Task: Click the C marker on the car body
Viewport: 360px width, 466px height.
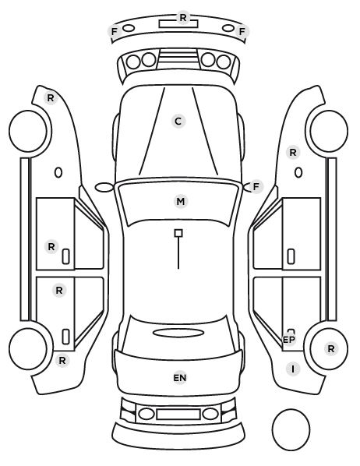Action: pyautogui.click(x=178, y=122)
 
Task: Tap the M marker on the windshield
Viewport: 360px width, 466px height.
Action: pyautogui.click(x=181, y=202)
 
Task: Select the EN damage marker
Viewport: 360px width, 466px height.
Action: pyautogui.click(x=180, y=378)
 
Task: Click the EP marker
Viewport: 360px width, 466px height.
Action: pyautogui.click(x=288, y=340)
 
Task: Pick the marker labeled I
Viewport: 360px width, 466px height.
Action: pyautogui.click(x=293, y=369)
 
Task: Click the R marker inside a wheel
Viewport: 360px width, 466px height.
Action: pyautogui.click(x=331, y=348)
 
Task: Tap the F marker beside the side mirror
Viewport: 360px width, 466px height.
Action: pyautogui.click(x=256, y=187)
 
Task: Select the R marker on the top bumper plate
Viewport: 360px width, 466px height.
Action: pyautogui.click(x=183, y=18)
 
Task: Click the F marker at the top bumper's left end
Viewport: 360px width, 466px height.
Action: pyautogui.click(x=115, y=31)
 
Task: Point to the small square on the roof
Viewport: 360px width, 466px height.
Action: pyautogui.click(x=178, y=233)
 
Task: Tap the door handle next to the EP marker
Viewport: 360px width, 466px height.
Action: pyautogui.click(x=291, y=330)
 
